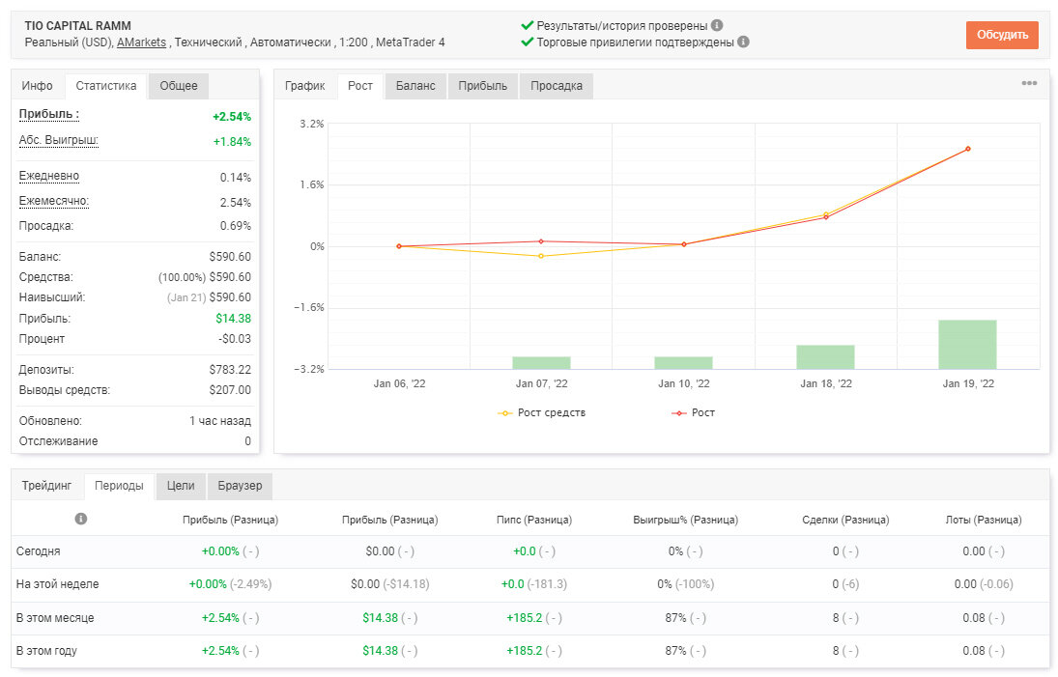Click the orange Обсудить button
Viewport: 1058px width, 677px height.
tap(1002, 35)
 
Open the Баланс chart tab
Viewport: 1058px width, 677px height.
tap(415, 86)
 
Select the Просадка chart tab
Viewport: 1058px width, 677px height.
tap(556, 86)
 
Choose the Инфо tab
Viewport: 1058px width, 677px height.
tap(37, 86)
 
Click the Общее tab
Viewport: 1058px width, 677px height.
tap(179, 86)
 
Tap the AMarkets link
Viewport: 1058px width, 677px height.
tap(141, 42)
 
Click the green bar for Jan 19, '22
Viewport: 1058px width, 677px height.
tap(967, 345)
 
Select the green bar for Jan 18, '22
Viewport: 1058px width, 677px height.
tap(825, 357)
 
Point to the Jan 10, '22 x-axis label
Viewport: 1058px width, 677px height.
tap(683, 383)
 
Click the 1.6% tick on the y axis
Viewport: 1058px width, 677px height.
tap(312, 184)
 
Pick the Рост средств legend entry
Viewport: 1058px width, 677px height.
tap(541, 412)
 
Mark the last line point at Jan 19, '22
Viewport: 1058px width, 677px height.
tap(968, 149)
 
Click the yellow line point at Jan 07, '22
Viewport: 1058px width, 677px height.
tap(541, 256)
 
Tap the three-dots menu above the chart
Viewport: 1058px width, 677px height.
tap(1029, 83)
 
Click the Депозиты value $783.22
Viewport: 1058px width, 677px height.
tap(230, 370)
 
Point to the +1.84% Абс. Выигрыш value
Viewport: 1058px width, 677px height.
tap(232, 142)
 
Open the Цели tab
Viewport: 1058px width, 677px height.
tap(181, 486)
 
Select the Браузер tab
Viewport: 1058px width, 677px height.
tap(240, 486)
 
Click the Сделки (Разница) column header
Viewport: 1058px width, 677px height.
tap(845, 520)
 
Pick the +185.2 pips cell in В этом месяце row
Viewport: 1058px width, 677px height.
tap(525, 618)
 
